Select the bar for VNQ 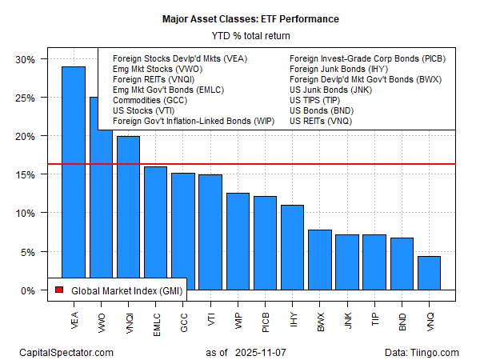[429, 273]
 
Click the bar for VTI [210, 232]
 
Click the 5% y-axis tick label [27, 252]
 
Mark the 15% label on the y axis [25, 175]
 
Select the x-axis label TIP [375, 310]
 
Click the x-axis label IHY [293, 310]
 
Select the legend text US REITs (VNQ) [320, 122]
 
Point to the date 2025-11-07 [264, 351]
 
